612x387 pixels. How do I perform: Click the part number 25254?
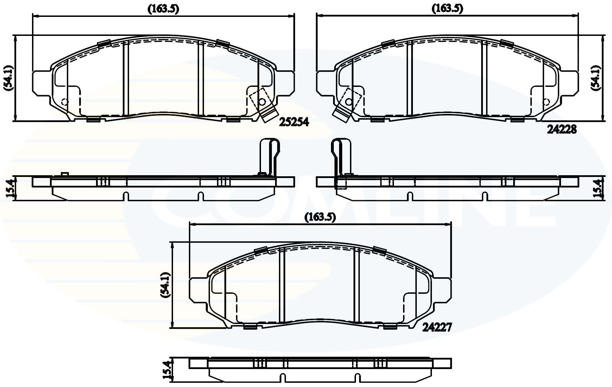coord(294,122)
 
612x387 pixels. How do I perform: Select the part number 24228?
coord(562,130)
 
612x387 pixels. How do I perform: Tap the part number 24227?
coord(436,328)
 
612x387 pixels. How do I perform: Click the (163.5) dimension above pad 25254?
coord(163,9)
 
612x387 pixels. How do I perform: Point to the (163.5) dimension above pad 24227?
coord(320,217)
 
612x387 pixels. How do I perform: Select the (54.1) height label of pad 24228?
coord(595,78)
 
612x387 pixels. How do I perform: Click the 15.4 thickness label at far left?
coord(11,189)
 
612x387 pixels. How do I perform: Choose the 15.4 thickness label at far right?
coord(597,189)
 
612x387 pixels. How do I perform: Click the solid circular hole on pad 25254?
coord(262,102)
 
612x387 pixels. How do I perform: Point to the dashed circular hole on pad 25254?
coord(65,102)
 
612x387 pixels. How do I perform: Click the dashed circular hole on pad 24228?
coord(546,102)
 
